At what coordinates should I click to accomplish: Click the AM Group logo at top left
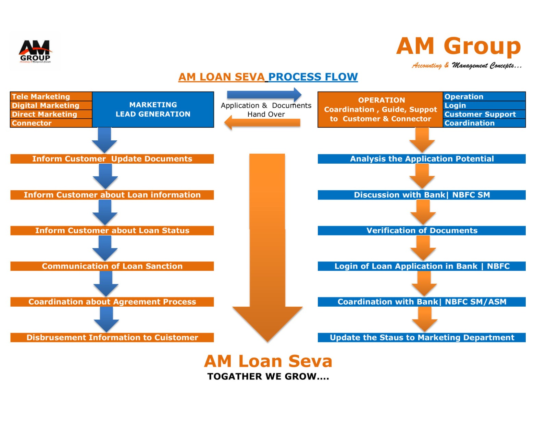(35, 51)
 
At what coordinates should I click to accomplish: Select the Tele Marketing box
(51, 96)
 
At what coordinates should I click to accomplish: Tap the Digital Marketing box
(51, 105)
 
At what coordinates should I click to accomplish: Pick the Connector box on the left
(51, 123)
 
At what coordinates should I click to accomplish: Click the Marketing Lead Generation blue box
(153, 109)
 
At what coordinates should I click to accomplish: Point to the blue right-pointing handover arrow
(264, 94)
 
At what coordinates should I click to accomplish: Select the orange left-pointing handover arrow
(262, 123)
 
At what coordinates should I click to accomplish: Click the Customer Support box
(484, 114)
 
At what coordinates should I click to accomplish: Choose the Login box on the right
(484, 105)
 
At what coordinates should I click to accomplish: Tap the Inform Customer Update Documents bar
(112, 159)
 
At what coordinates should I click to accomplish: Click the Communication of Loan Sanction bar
(112, 266)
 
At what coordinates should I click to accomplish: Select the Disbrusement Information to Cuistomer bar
(112, 338)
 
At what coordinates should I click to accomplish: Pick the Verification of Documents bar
(422, 231)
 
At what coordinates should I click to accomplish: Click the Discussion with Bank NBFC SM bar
(422, 195)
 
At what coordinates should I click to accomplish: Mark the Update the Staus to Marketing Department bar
(422, 338)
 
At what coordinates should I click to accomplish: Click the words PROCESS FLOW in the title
(313, 77)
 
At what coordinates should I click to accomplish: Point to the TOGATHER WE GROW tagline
(268, 377)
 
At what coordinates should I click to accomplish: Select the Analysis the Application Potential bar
(422, 159)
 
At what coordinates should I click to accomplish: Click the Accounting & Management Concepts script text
(466, 65)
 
